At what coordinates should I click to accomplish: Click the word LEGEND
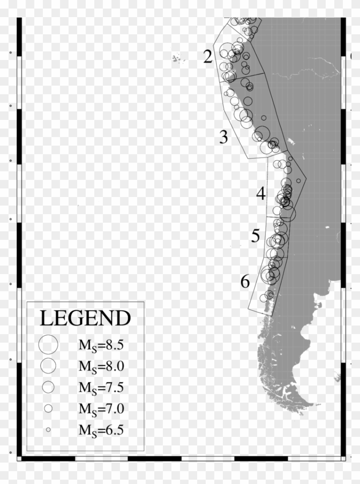click(x=85, y=319)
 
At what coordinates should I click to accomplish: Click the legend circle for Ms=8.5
click(x=48, y=344)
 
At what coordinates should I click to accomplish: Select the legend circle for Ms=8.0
click(x=48, y=365)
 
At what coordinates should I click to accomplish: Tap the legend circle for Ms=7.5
click(x=48, y=386)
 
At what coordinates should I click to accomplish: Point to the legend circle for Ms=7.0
click(x=48, y=408)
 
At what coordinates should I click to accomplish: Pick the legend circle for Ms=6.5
click(x=48, y=429)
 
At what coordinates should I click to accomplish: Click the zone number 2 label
click(x=208, y=57)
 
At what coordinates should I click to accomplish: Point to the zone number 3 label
click(x=224, y=137)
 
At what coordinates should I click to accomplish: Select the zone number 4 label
click(x=261, y=194)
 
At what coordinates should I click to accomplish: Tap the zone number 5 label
click(x=256, y=236)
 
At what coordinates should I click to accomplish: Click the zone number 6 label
click(x=245, y=282)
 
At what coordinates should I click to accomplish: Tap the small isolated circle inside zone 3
click(x=264, y=117)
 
